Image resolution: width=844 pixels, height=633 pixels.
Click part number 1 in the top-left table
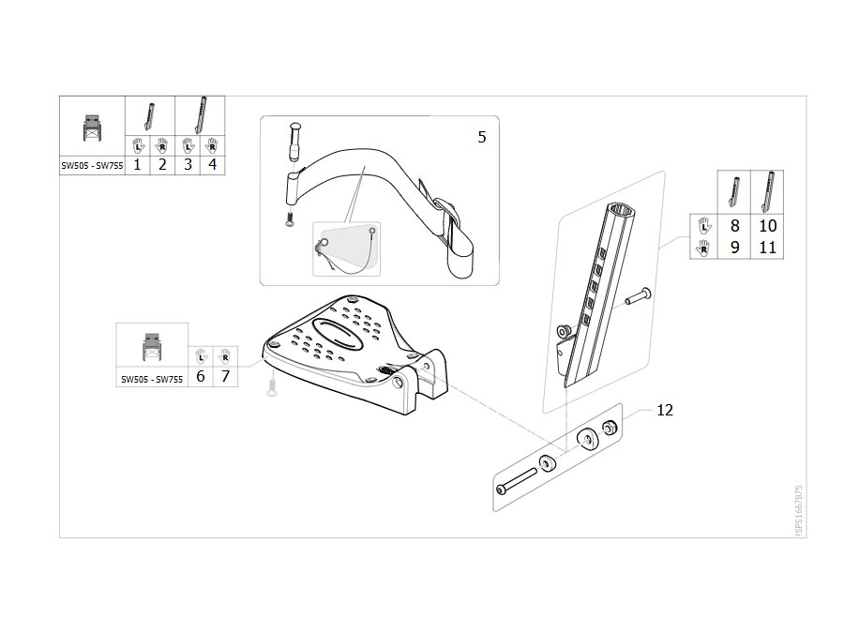coord(137,165)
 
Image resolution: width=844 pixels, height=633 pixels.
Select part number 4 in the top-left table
coord(213,165)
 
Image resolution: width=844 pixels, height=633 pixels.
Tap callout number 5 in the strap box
coord(482,137)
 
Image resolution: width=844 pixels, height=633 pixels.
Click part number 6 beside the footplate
coord(201,376)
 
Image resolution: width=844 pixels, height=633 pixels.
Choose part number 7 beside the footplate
coord(225,376)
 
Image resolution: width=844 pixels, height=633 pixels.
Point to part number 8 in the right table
coord(734,225)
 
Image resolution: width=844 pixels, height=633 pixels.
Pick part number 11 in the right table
coord(767,248)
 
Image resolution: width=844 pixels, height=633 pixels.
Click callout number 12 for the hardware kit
coord(665,410)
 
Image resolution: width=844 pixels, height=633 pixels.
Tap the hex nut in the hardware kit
coord(610,429)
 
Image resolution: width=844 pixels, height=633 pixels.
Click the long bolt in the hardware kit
coord(518,480)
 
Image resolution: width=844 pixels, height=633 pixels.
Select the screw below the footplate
coord(272,387)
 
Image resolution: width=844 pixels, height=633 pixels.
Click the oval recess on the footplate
coord(338,334)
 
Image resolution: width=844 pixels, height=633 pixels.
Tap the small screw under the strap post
coord(290,219)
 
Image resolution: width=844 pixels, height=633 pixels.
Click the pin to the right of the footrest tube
coord(639,296)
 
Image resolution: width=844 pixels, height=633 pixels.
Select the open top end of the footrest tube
coord(623,210)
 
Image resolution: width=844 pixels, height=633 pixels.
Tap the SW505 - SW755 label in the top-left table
coord(92,166)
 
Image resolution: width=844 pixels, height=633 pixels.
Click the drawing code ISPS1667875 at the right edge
coord(799,510)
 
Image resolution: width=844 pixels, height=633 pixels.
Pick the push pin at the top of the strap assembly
coord(295,142)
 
